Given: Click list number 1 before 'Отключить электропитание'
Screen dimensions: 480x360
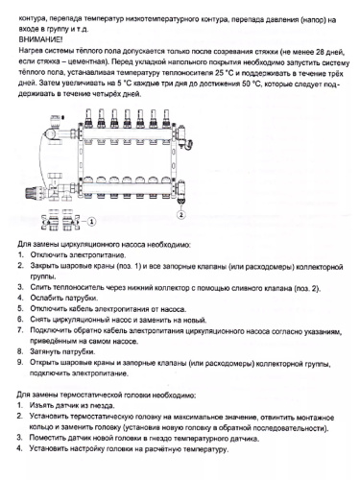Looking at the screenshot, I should [x=22, y=257].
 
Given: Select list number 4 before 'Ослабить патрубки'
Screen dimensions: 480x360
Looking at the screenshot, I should [x=22, y=298].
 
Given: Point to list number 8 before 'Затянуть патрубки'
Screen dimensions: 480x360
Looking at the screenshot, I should [x=22, y=351].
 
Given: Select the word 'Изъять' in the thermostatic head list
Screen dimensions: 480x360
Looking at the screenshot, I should [x=42, y=405].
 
